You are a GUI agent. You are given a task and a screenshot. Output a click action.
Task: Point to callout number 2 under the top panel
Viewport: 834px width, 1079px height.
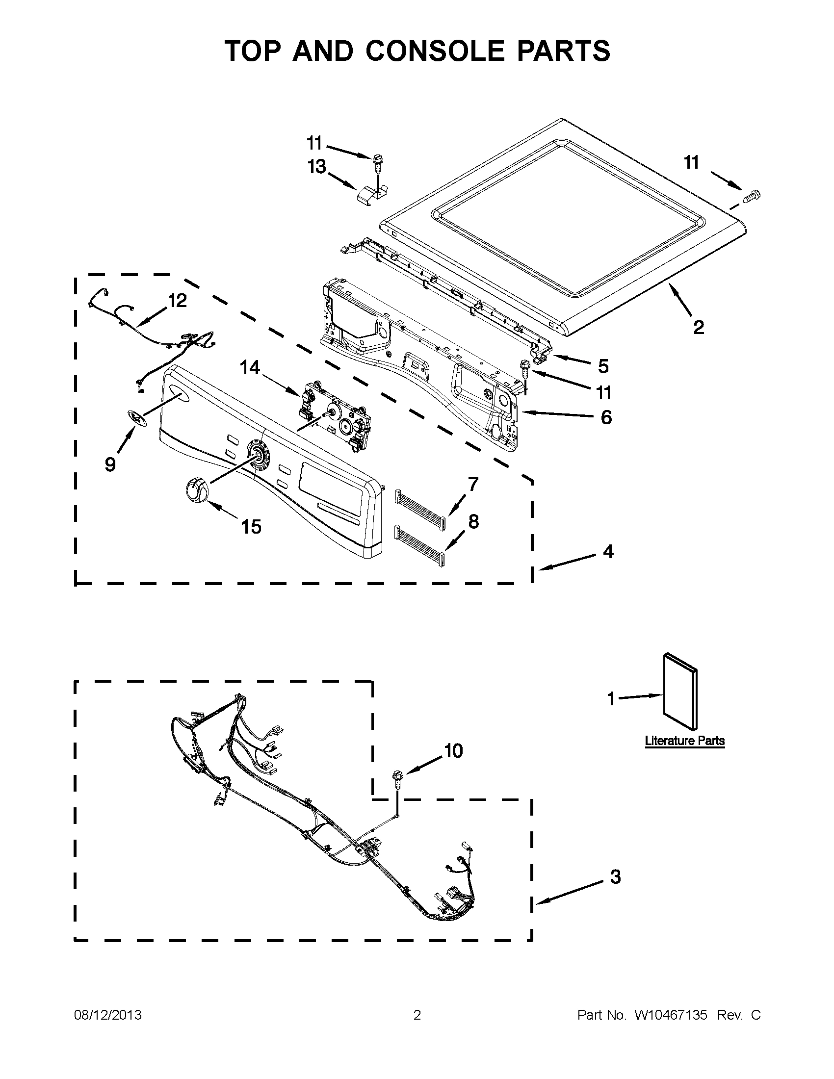pyautogui.click(x=698, y=327)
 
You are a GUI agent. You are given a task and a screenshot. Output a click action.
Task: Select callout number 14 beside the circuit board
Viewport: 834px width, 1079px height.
pyautogui.click(x=250, y=367)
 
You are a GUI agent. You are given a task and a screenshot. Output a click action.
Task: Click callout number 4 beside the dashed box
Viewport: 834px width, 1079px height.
pyautogui.click(x=608, y=551)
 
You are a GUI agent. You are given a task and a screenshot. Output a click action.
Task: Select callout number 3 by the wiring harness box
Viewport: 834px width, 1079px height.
pyautogui.click(x=615, y=877)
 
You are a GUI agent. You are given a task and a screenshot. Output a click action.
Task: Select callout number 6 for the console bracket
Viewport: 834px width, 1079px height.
pyautogui.click(x=606, y=417)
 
